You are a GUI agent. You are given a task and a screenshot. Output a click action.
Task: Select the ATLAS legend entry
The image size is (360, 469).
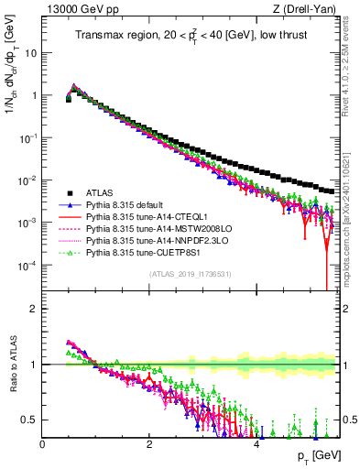101,193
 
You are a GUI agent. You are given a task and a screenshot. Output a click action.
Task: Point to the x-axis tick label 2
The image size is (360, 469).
149,445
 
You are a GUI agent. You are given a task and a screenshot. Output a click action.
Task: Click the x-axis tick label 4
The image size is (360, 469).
256,445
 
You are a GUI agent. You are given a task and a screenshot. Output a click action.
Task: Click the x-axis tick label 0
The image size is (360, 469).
42,445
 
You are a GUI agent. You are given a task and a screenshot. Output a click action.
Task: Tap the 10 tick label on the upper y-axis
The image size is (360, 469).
30,52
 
